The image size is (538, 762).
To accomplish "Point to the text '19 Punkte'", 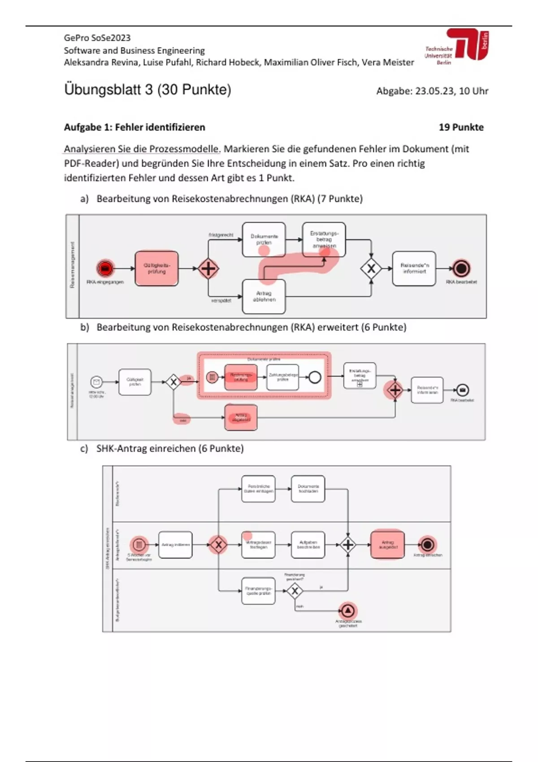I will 461,127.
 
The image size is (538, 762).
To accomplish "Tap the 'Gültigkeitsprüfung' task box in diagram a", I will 156,268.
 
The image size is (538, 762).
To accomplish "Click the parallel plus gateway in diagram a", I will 208,269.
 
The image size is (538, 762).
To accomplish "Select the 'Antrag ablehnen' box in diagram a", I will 264,296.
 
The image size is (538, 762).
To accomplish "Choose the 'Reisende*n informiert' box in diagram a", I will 414,268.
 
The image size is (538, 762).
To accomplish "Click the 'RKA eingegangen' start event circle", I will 105,268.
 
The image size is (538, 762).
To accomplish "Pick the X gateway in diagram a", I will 371,269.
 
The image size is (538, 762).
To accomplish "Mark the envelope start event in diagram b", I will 96,382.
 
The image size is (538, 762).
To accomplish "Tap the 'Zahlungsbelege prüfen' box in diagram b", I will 282,377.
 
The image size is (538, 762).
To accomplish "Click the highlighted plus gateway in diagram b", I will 395,390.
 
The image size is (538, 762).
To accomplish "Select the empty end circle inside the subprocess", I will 315,377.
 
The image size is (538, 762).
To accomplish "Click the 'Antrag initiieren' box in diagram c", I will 175,545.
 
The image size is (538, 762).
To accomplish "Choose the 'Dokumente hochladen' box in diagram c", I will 308,489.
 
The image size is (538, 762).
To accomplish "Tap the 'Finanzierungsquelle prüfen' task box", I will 258,591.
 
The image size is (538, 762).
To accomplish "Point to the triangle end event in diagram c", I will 348,610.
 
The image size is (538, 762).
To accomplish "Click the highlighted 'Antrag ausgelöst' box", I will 387,545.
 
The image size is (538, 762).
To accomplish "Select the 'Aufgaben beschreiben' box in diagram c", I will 308,545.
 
